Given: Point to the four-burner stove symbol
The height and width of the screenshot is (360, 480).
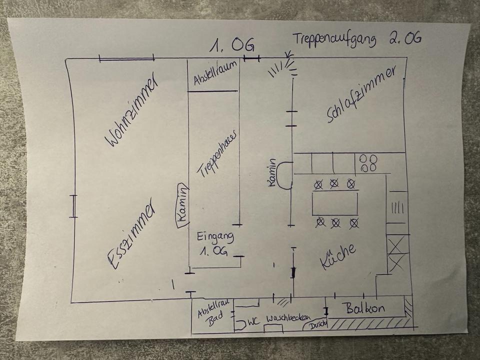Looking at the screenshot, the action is pyautogui.click(x=369, y=162).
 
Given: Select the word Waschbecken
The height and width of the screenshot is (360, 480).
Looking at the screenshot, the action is pyautogui.click(x=288, y=318).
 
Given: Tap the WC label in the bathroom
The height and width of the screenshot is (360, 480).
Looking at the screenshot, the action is pyautogui.click(x=253, y=322).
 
